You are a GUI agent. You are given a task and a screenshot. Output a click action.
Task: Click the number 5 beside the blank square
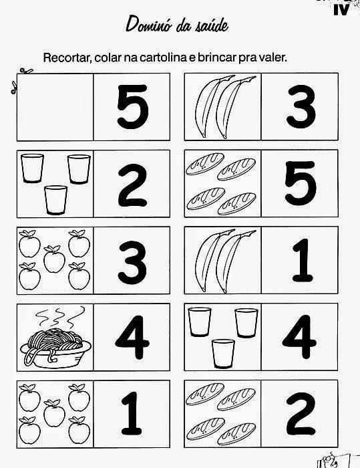point(133,106)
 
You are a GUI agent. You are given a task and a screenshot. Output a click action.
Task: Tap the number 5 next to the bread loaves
point(301,183)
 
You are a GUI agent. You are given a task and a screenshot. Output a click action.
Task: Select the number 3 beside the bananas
point(301,106)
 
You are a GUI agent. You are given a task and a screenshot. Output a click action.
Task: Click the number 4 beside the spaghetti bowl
point(132,337)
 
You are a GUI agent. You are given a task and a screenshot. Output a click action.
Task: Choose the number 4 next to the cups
point(299,337)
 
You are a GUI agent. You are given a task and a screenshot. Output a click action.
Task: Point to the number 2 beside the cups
point(133,185)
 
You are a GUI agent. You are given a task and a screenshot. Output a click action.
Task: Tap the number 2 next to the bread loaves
point(301,414)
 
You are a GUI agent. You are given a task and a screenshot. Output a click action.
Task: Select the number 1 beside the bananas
point(303,260)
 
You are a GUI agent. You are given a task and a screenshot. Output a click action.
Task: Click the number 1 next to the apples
point(132,414)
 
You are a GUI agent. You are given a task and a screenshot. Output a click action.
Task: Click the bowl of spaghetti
point(55,348)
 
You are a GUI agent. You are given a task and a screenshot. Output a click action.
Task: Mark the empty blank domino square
point(55,107)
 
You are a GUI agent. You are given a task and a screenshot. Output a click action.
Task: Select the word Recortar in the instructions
point(67,57)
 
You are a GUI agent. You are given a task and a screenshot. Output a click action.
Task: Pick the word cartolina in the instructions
point(164,57)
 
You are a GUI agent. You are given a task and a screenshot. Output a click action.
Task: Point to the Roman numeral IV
point(341,11)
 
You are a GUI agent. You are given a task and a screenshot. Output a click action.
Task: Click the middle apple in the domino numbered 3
point(54,259)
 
